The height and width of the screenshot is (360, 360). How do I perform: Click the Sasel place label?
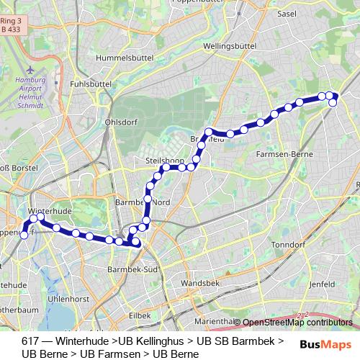pyautogui.click(x=287, y=14)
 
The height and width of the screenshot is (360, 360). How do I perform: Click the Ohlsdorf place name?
pyautogui.click(x=120, y=121)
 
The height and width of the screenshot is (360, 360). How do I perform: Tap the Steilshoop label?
pyautogui.click(x=166, y=159)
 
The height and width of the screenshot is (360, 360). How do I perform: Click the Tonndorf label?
pyautogui.click(x=288, y=244)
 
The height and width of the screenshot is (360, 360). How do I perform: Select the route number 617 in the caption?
pyautogui.click(x=30, y=341)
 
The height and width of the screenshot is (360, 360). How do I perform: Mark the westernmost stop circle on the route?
pyautogui.click(x=24, y=235)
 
